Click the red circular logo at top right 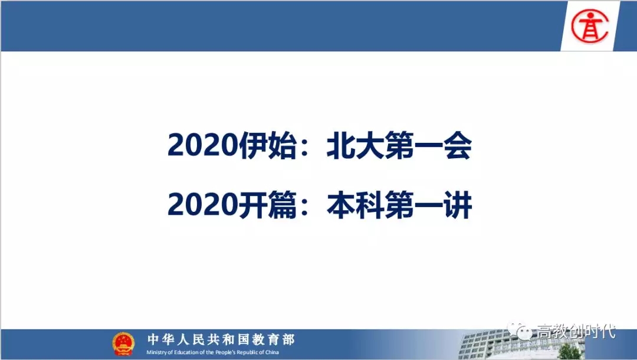tap(590, 26)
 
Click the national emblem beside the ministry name tap(123, 343)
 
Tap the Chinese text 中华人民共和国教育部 tap(221, 339)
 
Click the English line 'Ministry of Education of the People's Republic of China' tap(212, 352)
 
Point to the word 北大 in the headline tap(356, 145)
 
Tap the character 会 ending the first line tap(458, 145)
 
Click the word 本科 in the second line tap(356, 205)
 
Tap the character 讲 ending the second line tap(458, 205)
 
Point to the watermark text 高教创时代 tap(576, 331)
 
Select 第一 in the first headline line tap(413, 145)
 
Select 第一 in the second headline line tap(413, 205)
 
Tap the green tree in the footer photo tap(570, 352)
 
